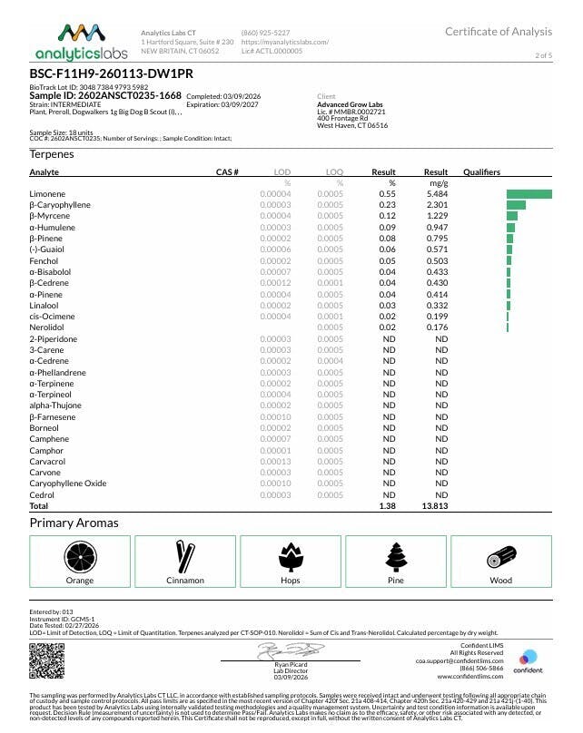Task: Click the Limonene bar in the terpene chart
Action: [529, 194]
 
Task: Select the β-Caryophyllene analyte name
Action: [60, 205]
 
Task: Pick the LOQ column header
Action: [334, 171]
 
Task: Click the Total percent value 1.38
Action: [388, 506]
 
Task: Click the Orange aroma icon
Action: [79, 555]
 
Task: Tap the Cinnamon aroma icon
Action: [184, 555]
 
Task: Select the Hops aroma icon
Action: [290, 555]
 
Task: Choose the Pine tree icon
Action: [395, 555]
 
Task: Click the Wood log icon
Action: [500, 555]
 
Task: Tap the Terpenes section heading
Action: [52, 154]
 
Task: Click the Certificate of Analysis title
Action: [498, 32]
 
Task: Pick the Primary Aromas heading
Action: [74, 523]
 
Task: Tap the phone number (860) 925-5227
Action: [267, 32]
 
